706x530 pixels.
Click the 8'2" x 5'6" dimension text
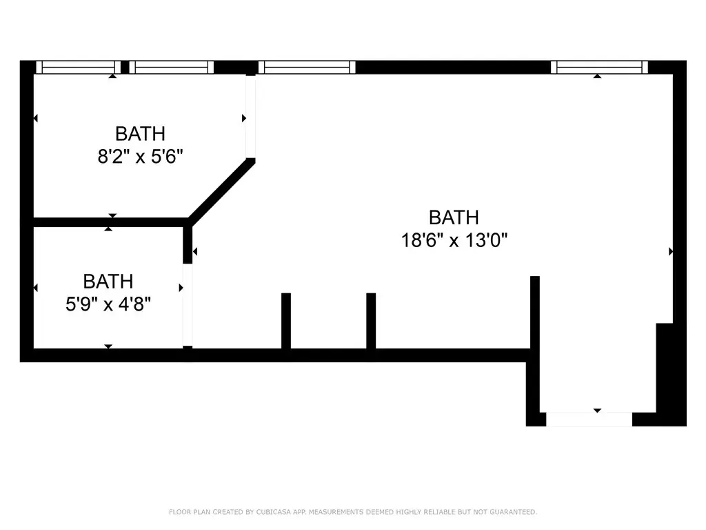[x=141, y=157]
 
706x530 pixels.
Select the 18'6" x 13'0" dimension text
[x=454, y=240]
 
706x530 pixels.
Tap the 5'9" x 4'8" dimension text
[x=108, y=304]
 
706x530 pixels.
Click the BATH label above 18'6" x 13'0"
[x=454, y=217]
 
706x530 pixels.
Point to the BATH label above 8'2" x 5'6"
[x=141, y=134]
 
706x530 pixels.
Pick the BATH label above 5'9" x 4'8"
[x=108, y=282]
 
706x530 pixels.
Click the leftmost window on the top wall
[x=79, y=67]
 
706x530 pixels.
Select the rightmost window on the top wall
[x=599, y=67]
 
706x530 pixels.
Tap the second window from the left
[x=172, y=67]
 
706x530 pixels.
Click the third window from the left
[x=307, y=67]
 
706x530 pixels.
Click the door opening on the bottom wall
[x=589, y=419]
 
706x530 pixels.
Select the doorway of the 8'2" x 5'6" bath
[x=251, y=117]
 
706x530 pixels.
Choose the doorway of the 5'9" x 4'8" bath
[x=188, y=305]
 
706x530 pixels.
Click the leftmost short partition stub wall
[x=286, y=321]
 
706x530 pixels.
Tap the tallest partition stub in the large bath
[x=535, y=313]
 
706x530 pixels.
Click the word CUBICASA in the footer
[x=274, y=512]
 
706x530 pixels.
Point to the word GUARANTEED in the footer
[x=513, y=512]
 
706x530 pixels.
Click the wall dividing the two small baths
[x=111, y=222]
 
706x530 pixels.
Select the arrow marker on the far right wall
[x=671, y=251]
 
